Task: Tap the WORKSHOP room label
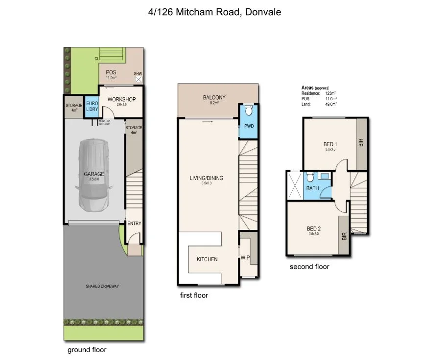121,99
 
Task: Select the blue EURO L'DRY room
92,106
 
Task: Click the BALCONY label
214,97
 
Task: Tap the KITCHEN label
207,259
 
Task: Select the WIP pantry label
245,257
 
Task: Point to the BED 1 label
330,144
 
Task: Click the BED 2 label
314,228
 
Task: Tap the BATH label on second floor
312,188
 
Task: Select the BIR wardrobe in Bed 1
361,143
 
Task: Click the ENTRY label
134,224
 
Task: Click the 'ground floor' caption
87,350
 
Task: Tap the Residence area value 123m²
329,93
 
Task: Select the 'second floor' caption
309,267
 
